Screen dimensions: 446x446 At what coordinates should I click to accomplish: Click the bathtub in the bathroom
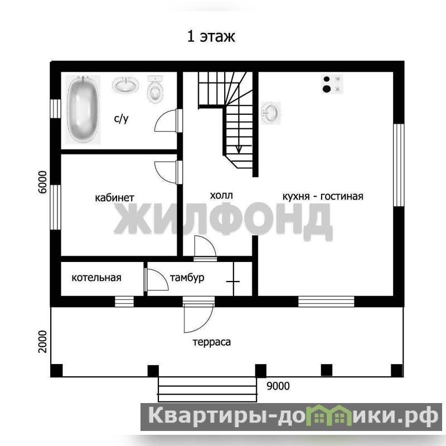point(83,109)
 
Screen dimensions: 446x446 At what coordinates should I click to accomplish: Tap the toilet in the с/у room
point(156,89)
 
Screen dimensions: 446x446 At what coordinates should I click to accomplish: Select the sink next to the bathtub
point(125,85)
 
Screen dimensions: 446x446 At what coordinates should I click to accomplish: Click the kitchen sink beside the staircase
point(271,113)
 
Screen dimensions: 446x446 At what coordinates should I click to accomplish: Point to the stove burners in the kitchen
point(332,84)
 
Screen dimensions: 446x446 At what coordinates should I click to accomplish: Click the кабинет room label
point(114,198)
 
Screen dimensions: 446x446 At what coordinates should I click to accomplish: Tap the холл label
point(221,196)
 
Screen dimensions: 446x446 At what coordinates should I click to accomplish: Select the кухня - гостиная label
point(323,196)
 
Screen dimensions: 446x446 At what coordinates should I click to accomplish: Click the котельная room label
point(96,278)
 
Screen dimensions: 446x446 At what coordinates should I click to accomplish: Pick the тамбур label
point(187,278)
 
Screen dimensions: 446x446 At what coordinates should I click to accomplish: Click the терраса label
point(212,342)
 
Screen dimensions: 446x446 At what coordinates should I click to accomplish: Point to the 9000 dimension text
point(278,386)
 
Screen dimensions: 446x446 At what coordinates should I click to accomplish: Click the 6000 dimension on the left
point(42,182)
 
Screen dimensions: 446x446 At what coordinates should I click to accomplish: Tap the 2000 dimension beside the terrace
point(42,342)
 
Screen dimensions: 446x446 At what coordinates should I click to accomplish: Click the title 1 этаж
point(211,36)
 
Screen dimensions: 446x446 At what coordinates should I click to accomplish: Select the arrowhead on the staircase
point(239,149)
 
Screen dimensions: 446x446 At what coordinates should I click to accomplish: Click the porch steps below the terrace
point(207,390)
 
